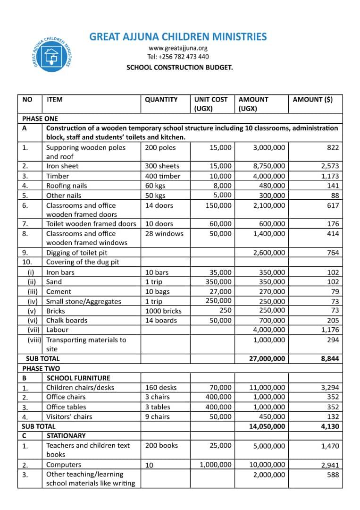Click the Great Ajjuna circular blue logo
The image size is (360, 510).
click(51, 53)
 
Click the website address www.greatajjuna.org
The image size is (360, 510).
click(178, 48)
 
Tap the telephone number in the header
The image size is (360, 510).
click(178, 57)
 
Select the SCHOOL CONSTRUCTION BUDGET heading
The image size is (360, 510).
click(179, 68)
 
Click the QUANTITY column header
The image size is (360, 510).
click(161, 100)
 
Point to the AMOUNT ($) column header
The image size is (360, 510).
click(312, 100)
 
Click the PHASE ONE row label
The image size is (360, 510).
click(40, 119)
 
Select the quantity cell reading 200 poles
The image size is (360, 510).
click(160, 147)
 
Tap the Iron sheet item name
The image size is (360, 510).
click(62, 166)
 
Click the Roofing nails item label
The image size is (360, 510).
click(67, 186)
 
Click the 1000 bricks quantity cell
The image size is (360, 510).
click(163, 311)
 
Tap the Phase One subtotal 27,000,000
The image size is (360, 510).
click(267, 358)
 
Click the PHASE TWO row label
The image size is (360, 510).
click(41, 368)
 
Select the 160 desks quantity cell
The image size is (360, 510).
click(161, 388)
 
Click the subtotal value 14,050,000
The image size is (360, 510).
click(267, 426)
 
